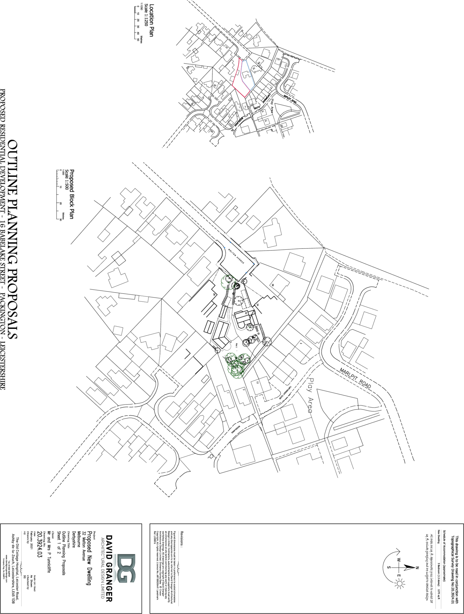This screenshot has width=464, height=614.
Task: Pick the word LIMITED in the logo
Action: click(x=103, y=592)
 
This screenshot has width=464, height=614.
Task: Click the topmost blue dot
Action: click(x=230, y=242)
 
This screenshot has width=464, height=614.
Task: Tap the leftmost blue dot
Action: click(x=225, y=248)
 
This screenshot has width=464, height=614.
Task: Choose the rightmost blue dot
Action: click(x=253, y=264)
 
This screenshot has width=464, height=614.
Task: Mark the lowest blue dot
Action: click(x=246, y=272)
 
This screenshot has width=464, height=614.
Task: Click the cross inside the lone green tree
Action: click(x=229, y=282)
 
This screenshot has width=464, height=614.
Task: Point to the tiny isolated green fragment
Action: click(x=250, y=327)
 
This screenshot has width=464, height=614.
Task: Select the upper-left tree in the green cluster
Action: click(x=231, y=358)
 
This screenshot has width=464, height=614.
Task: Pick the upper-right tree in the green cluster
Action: click(x=244, y=359)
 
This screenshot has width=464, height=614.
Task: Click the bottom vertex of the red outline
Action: click(x=245, y=97)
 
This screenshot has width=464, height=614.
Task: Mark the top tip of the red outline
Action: click(x=239, y=58)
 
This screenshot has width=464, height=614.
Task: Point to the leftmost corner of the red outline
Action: click(x=232, y=85)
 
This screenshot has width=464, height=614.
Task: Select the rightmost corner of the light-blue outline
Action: click(x=254, y=85)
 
